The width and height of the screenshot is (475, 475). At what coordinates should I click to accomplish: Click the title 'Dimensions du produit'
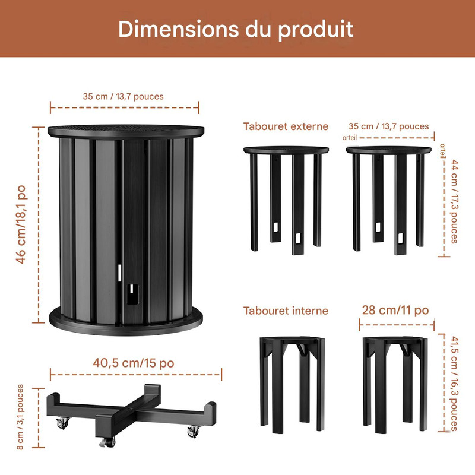click(x=236, y=29)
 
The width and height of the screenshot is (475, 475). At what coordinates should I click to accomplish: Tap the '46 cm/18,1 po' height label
click(x=21, y=224)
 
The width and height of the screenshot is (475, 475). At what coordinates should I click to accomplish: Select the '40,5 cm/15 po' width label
click(x=134, y=363)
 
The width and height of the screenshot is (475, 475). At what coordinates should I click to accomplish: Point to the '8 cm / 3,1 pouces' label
click(x=20, y=417)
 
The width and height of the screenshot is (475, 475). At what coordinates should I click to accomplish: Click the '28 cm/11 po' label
click(x=395, y=310)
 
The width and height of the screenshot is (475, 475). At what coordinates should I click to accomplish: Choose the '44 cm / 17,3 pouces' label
click(x=454, y=201)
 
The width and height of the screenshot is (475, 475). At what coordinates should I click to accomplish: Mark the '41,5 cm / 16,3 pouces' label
click(x=454, y=383)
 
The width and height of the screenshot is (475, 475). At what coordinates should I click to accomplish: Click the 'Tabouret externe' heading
click(x=286, y=126)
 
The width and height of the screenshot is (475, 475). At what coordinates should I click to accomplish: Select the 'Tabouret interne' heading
click(x=286, y=311)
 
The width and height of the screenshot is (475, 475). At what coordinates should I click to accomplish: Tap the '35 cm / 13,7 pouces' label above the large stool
click(x=123, y=97)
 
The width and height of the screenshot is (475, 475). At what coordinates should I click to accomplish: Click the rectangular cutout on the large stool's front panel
click(x=132, y=294)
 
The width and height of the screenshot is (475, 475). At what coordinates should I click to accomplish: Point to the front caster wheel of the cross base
click(x=107, y=442)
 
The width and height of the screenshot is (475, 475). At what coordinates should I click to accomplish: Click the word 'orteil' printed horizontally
click(x=350, y=138)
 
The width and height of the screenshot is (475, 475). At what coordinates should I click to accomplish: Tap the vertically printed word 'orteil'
click(x=443, y=151)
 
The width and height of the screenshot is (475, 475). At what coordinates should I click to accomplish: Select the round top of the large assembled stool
click(x=126, y=131)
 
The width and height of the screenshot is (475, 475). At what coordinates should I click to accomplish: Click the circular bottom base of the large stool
click(x=126, y=322)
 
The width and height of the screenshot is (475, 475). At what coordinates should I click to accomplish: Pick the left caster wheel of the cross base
click(x=64, y=423)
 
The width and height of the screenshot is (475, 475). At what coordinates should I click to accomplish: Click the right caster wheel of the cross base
click(x=194, y=432)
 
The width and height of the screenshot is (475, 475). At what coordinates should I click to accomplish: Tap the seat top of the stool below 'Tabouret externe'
click(x=286, y=150)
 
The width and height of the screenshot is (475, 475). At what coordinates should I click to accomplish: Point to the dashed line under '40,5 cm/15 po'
click(x=136, y=375)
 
